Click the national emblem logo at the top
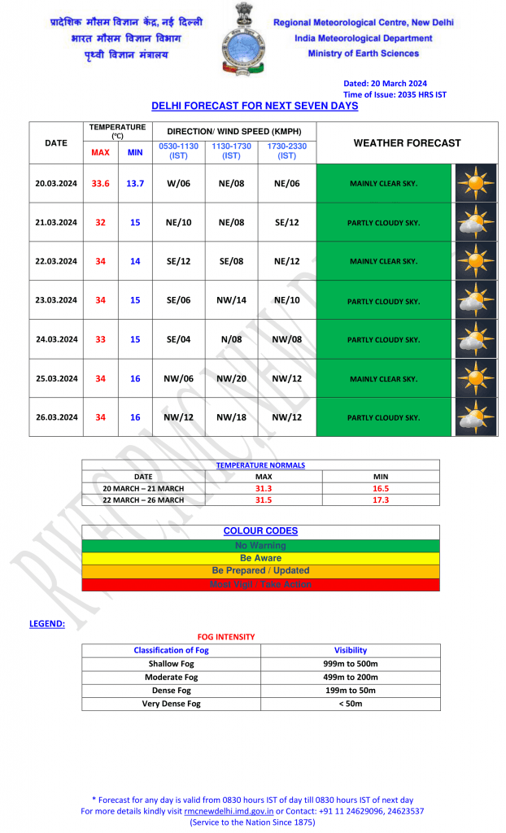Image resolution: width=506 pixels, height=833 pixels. [x=243, y=40]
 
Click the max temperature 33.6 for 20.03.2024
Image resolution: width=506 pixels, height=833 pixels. [x=100, y=184]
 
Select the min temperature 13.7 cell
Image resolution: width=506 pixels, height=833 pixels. [x=135, y=184]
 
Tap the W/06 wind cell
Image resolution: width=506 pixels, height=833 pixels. [x=178, y=184]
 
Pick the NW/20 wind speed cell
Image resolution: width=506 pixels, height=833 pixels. [x=232, y=378]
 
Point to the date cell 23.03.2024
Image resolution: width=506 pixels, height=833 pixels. [x=56, y=300]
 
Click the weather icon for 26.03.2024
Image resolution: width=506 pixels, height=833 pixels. [x=476, y=417]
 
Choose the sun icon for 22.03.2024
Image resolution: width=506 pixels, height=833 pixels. [x=476, y=261]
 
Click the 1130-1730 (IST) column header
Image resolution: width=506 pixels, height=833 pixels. [x=232, y=150]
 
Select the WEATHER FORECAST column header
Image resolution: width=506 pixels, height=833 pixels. [x=407, y=143]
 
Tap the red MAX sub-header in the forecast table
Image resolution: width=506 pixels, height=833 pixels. [x=100, y=152]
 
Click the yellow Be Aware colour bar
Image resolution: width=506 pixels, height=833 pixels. [x=260, y=558]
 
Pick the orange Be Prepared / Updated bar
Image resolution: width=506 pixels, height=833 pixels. [x=260, y=571]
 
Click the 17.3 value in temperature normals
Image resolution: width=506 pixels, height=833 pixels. [x=381, y=500]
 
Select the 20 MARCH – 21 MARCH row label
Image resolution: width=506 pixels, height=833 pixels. [x=143, y=488]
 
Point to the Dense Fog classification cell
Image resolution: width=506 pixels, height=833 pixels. [x=171, y=691]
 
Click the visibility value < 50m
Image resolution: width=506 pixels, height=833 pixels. [x=351, y=704]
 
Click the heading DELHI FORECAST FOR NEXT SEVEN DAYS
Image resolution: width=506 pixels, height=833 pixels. [x=255, y=107]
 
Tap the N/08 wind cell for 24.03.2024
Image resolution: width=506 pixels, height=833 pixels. [x=232, y=339]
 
